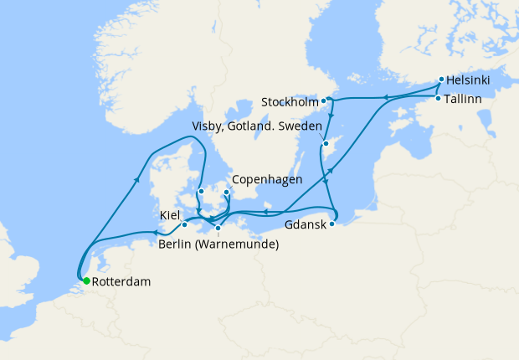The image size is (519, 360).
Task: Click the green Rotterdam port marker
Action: (86, 281)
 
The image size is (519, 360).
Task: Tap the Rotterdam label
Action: (121, 282)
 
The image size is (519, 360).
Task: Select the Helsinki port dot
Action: (440, 81)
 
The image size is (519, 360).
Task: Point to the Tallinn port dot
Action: (438, 99)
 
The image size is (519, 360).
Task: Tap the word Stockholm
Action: (290, 102)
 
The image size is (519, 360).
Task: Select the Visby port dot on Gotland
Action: (325, 143)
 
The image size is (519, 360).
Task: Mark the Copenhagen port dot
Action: (227, 192)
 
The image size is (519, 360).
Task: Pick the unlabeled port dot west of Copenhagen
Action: (201, 191)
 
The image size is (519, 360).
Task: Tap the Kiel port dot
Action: (184, 224)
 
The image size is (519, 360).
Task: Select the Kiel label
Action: (170, 216)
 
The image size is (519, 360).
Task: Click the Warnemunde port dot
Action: (218, 228)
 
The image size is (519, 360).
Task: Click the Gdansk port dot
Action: (332, 224)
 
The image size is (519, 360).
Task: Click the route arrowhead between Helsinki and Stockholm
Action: (385, 98)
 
